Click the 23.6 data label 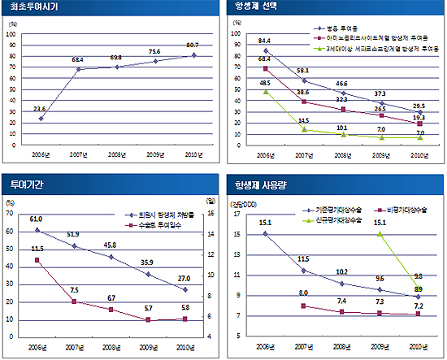(40, 109)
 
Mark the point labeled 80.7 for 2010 (193, 55)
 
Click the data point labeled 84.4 (265, 51)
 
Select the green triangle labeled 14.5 (302, 129)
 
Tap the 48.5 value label (265, 83)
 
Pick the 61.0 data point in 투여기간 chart (37, 230)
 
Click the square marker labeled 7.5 (74, 301)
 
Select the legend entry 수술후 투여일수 (154, 224)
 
